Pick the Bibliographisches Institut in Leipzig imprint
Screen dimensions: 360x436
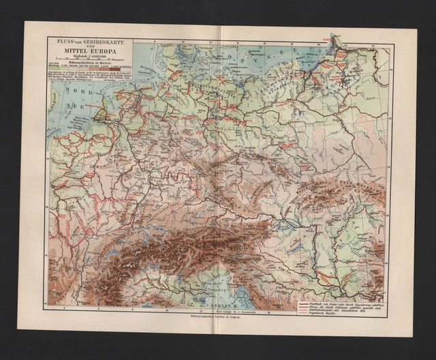point(217,327)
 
